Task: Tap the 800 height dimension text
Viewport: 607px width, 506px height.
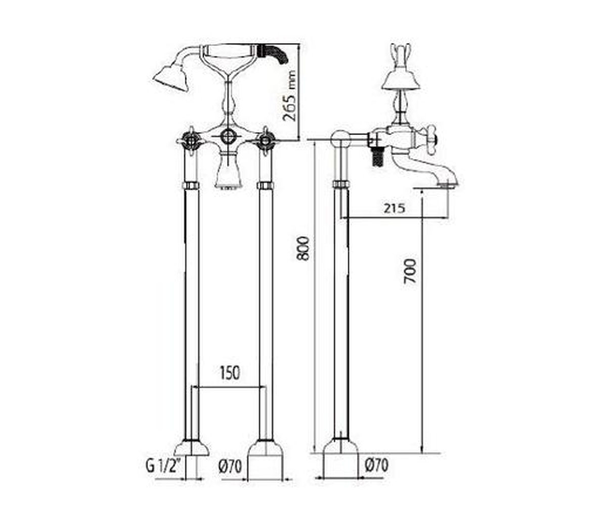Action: coord(305,248)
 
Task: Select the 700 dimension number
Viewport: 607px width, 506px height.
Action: coord(410,271)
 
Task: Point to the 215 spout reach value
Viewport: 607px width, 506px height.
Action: coord(394,208)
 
